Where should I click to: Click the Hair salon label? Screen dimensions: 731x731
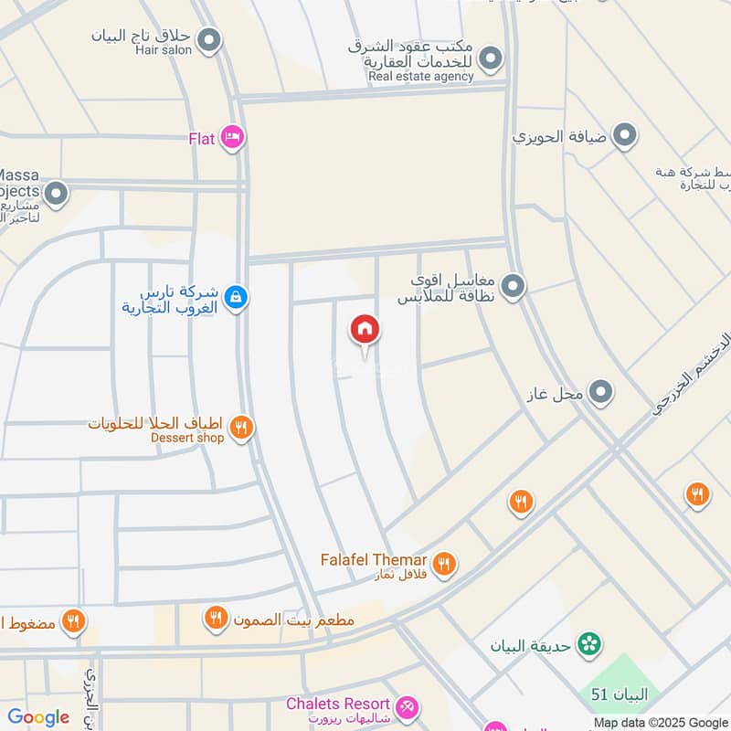[x=164, y=50]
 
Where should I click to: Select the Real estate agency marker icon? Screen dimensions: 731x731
[x=492, y=59]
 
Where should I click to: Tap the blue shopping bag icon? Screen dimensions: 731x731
[x=236, y=297]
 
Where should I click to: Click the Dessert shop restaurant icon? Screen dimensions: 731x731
[x=241, y=426]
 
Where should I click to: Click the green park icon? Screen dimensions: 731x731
[x=590, y=644]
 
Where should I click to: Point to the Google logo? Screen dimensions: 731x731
[x=38, y=717]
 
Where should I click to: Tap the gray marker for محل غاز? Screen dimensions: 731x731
[x=600, y=393]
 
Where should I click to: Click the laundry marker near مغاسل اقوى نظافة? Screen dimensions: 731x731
[x=514, y=287]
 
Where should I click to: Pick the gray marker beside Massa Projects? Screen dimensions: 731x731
[x=57, y=193]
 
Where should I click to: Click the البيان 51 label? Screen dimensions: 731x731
[x=619, y=695]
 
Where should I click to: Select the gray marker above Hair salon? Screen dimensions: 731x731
[x=210, y=40]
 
